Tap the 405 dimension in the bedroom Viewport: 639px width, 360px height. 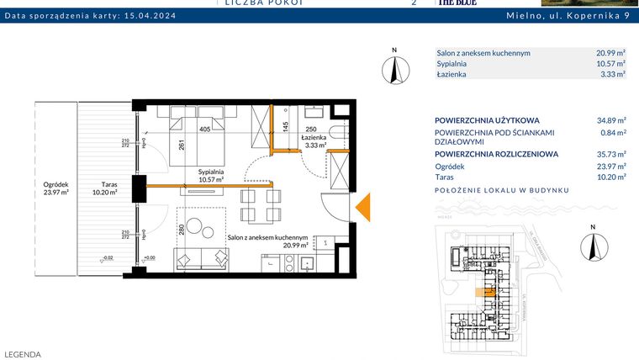204,130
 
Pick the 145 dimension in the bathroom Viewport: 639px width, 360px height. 286,127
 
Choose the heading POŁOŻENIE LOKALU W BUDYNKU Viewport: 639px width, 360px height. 502,190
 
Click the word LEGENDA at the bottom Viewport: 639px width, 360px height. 23,354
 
